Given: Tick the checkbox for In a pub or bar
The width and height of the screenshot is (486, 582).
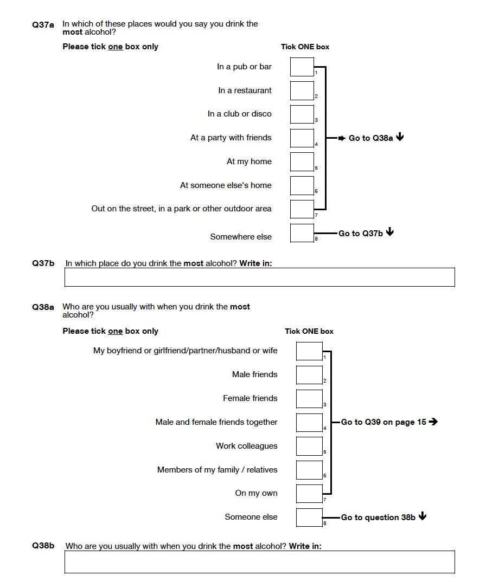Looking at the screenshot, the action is coord(302,67).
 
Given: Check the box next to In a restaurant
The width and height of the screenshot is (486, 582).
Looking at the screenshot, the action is coord(302,90).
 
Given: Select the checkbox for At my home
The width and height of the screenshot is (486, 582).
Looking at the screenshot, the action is coord(302,162).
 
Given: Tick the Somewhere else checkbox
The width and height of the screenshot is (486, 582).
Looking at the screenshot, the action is coord(302,233).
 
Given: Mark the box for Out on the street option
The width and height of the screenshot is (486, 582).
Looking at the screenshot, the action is coord(302,209).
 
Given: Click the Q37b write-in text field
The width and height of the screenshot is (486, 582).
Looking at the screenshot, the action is coord(260,277).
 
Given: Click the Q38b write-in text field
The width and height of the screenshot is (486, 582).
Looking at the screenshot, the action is coord(260,562).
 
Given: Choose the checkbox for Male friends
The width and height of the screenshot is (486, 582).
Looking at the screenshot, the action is coord(309,375).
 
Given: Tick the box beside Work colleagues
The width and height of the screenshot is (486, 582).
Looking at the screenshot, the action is coord(309,446).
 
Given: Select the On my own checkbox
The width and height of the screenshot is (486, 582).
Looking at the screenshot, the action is coord(309,494).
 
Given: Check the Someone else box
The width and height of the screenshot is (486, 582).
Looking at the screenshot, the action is coord(309,518).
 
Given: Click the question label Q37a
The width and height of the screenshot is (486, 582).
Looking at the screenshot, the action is coord(43,25).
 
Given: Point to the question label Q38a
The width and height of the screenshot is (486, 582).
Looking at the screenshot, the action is coord(43,307).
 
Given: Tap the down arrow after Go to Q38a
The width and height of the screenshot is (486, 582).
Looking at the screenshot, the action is coord(400,137).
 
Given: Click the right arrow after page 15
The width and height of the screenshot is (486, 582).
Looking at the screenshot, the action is coord(433,422).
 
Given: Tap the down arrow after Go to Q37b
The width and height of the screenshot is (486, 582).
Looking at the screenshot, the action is coord(390,232).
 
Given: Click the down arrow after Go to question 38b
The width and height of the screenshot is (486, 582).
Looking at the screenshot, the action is coord(423,516).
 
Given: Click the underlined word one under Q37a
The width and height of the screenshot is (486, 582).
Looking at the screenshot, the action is coord(115,47).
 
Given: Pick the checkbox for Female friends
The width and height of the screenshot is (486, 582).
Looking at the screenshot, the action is coord(309,399).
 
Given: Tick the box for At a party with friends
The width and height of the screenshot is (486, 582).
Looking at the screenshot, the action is coord(302,138).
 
